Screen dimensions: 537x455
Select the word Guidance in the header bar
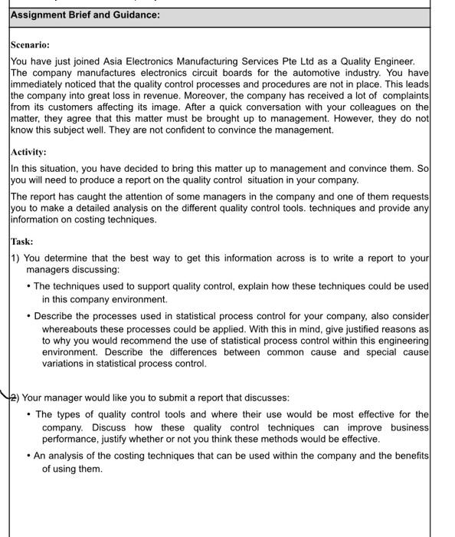[133, 15]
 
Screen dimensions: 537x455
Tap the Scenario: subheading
[30, 45]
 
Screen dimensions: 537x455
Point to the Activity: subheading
[28, 152]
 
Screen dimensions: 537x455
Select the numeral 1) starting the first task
[15, 258]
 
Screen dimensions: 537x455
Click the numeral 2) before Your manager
[15, 397]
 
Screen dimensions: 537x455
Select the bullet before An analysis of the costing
[29, 456]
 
